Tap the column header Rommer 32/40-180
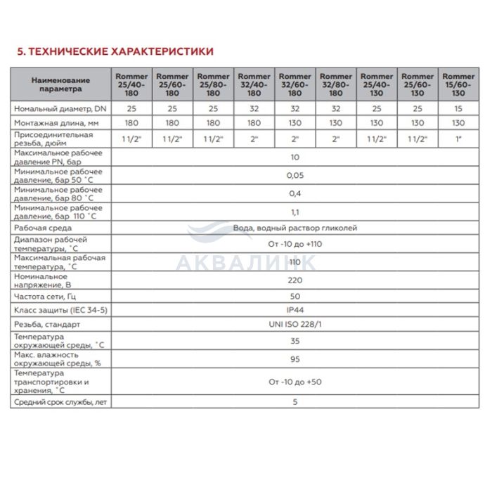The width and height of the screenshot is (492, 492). pos(254,84)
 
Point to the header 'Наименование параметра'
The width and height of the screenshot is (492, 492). pos(61,84)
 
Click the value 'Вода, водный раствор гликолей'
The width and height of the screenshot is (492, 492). pos(294,228)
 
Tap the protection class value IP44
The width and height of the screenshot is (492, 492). pos(294,310)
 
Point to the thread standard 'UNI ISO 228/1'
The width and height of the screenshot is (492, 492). pos(294,324)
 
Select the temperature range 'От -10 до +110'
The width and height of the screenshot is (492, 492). pos(294,244)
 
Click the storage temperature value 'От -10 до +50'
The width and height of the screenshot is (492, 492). pos(294,382)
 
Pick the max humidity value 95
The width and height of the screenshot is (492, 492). pos(294,359)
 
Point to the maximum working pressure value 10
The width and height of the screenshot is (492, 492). pos(294,157)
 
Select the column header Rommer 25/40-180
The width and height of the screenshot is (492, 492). pos(131,84)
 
